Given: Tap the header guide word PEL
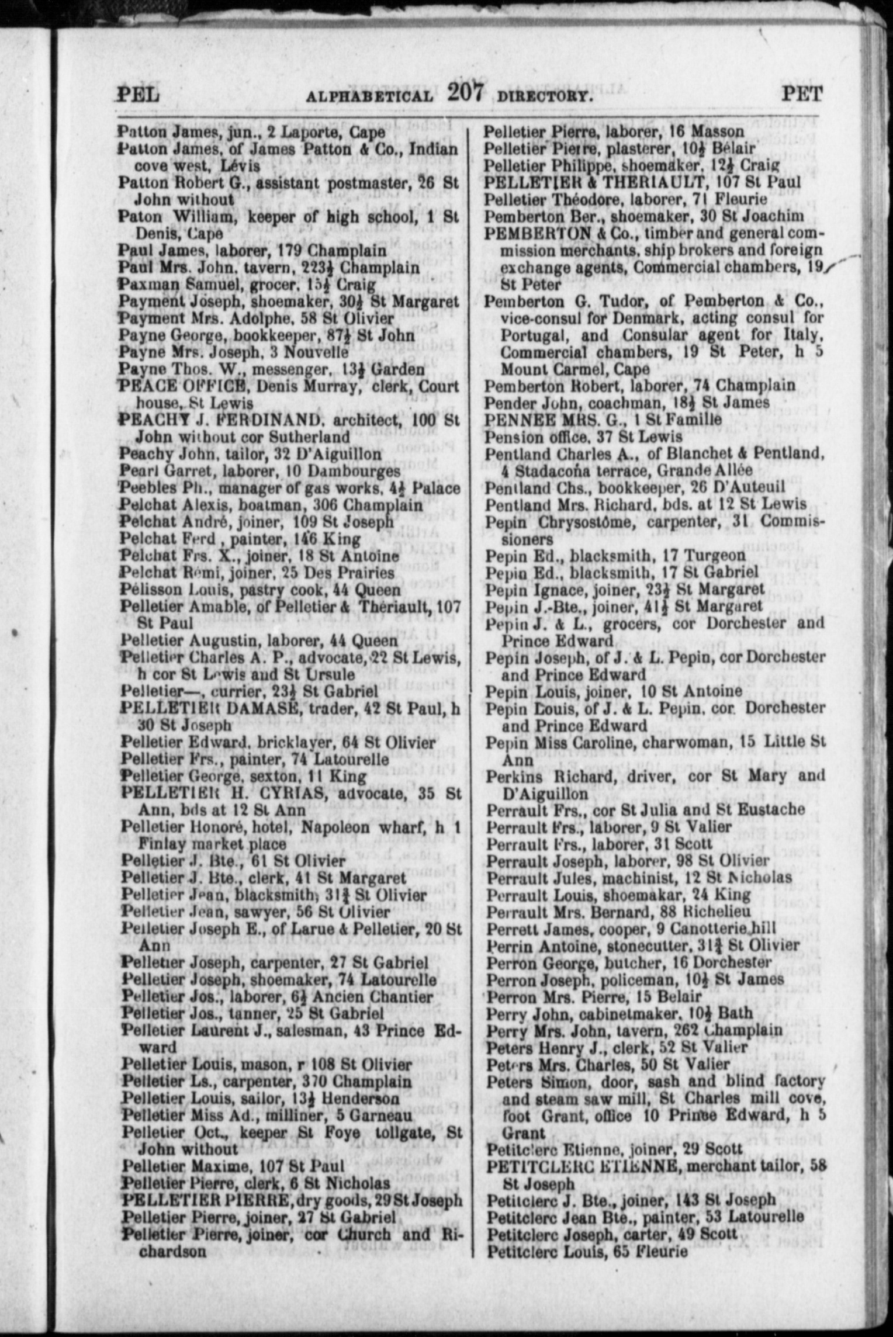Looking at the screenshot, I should click(138, 94).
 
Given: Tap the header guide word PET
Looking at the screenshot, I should click(802, 93).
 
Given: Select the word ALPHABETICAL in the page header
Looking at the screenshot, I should click(370, 96).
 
